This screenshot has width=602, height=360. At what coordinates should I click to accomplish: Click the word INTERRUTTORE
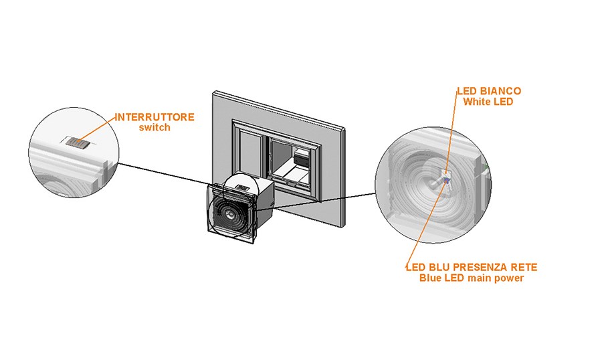click(x=155, y=117)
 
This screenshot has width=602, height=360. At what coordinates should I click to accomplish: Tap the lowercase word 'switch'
click(x=155, y=127)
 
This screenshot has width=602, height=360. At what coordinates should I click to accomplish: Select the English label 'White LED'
click(x=488, y=101)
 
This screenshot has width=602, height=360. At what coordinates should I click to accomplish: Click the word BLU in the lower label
click(x=435, y=268)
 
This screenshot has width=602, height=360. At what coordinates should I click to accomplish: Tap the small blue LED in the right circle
click(x=439, y=182)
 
